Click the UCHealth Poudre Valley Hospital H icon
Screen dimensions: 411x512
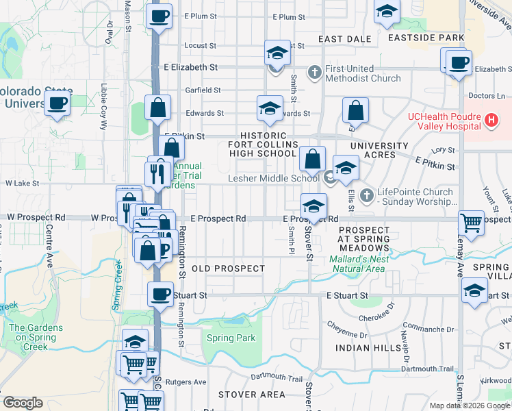pos(490,121)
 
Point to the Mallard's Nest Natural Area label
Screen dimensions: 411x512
pos(359,264)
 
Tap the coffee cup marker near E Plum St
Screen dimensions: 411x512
pos(159,16)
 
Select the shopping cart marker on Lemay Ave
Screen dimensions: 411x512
pos(472,221)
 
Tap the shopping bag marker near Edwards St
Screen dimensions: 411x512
pos(157,108)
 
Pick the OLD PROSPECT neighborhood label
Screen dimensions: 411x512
pos(228,269)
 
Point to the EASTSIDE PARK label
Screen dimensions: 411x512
pos(424,38)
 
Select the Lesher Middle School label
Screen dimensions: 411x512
pos(274,179)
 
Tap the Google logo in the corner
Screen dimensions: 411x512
pos(23,403)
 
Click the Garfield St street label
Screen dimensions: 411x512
pos(203,90)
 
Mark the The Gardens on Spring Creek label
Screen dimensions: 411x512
pos(36,332)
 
